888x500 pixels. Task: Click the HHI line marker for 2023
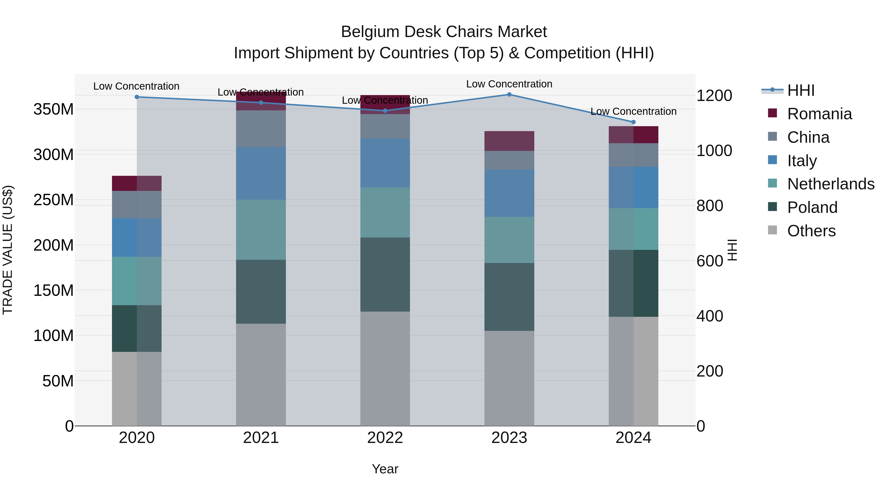tap(509, 95)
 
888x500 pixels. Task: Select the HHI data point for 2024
tap(633, 122)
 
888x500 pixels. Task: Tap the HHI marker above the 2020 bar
tap(137, 97)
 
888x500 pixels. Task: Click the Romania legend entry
tap(819, 114)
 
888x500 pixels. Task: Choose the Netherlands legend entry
tap(831, 184)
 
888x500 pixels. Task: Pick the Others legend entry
tap(811, 231)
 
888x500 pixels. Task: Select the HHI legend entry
tap(800, 90)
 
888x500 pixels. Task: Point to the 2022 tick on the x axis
tap(385, 438)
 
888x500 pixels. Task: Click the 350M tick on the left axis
tap(54, 109)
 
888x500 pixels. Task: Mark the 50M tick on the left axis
tap(58, 381)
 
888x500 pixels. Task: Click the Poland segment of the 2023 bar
tap(509, 297)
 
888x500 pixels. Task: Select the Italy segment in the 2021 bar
tap(261, 173)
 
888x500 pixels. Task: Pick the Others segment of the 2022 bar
tap(385, 369)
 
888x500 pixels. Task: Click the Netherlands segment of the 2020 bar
tap(137, 281)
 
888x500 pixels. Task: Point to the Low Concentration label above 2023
tap(509, 84)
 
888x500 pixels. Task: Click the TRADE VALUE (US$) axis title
tap(8, 250)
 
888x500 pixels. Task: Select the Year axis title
tap(385, 469)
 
